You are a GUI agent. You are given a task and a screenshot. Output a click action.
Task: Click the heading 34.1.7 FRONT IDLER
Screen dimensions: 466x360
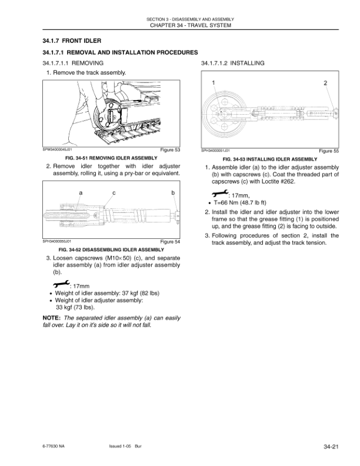72,41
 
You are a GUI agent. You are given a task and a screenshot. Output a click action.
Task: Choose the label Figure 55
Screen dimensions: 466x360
329,151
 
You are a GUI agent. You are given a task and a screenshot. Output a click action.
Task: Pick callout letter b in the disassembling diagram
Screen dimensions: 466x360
172,193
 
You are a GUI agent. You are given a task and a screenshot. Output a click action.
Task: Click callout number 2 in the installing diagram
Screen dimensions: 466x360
325,83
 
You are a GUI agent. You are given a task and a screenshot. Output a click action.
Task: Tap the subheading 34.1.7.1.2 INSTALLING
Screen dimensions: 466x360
233,63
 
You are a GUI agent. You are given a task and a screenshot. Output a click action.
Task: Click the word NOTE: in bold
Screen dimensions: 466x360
52,318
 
